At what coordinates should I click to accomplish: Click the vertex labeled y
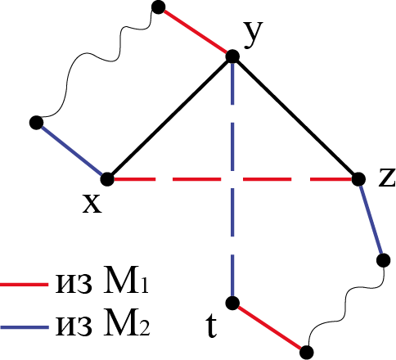click(232, 56)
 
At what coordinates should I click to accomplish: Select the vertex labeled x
click(107, 179)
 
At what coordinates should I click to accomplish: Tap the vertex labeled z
click(358, 179)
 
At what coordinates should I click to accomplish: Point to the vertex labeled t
click(232, 303)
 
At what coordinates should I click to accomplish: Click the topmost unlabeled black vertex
click(158, 7)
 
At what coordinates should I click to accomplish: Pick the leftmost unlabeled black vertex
click(36, 123)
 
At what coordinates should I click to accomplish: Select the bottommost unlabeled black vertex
click(307, 352)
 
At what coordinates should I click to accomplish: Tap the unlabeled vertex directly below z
click(383, 260)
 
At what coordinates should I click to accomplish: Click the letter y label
click(254, 35)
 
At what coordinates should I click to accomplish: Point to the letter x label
click(92, 204)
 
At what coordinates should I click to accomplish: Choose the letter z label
click(387, 178)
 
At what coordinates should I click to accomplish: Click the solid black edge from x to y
click(170, 118)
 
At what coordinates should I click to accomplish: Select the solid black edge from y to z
click(295, 118)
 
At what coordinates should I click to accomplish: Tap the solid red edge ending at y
click(196, 31)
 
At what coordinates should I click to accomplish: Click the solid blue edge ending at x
click(72, 151)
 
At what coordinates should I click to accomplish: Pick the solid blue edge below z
click(371, 219)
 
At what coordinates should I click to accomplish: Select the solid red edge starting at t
click(269, 327)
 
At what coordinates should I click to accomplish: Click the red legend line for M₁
click(24, 285)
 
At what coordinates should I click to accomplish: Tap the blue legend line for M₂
click(24, 327)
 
